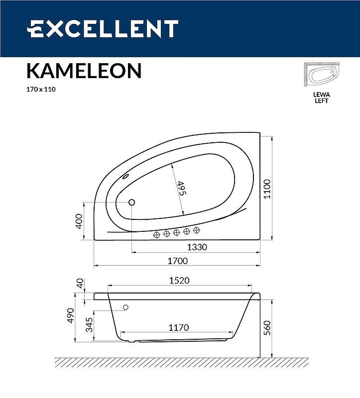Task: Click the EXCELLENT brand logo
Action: pyautogui.click(x=102, y=29)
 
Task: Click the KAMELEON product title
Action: pyautogui.click(x=84, y=71)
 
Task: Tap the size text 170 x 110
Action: pyautogui.click(x=38, y=90)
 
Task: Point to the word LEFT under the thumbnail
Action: pyautogui.click(x=322, y=100)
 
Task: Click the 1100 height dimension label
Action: pyautogui.click(x=267, y=189)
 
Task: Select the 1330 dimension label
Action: pyautogui.click(x=197, y=247)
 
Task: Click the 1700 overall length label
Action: pyautogui.click(x=177, y=261)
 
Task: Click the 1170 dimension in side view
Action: pyautogui.click(x=178, y=327)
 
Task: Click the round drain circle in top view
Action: pyautogui.click(x=132, y=202)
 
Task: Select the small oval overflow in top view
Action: pyautogui.click(x=125, y=176)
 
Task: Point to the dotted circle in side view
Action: pyautogui.click(x=125, y=307)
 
